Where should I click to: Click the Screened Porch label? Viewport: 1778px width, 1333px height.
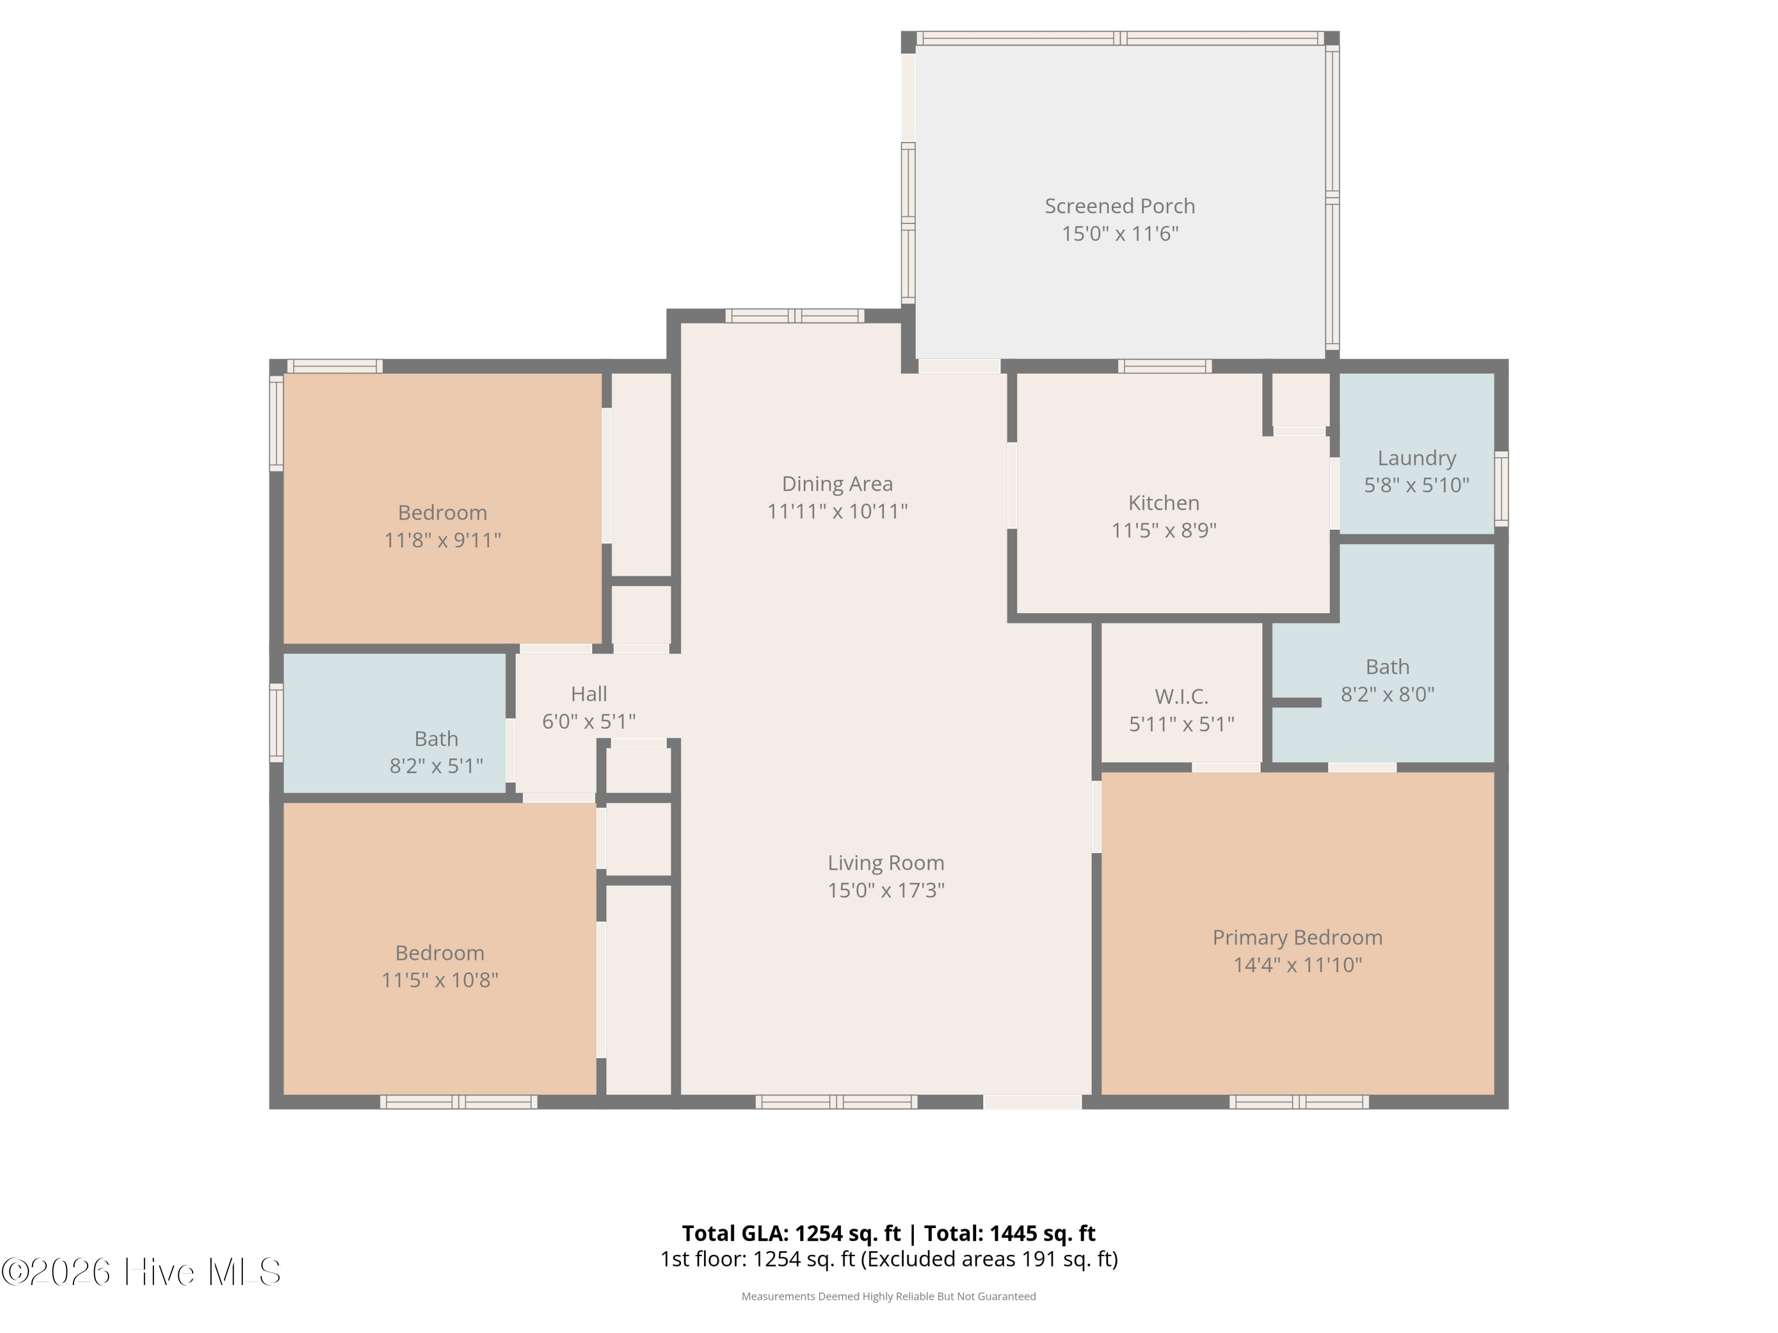[1120, 207]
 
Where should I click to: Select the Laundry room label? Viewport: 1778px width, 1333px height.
[1416, 458]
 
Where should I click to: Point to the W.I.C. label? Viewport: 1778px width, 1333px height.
[1182, 696]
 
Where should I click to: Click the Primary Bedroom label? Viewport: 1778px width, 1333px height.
[1297, 938]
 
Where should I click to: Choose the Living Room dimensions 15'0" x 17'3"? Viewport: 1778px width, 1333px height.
[886, 890]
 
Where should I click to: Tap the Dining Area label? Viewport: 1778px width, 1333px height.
[837, 483]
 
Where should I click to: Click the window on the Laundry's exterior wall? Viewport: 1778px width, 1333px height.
[1501, 489]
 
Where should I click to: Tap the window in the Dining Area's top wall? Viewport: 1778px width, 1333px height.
[795, 316]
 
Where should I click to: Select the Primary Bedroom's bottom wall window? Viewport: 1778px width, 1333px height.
[1298, 1101]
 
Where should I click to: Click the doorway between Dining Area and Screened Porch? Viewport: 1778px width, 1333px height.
[959, 366]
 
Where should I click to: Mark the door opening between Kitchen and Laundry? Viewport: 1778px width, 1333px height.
[1334, 494]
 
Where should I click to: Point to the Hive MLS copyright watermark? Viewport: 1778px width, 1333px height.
[142, 1272]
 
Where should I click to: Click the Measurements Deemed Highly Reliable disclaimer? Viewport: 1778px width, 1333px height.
[888, 1296]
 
